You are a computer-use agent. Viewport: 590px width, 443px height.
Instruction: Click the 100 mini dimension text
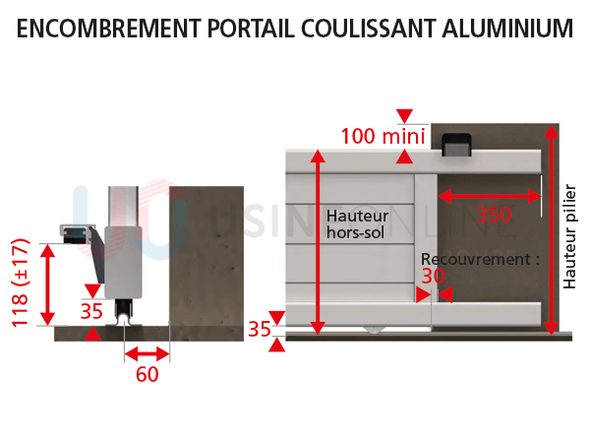click(383, 136)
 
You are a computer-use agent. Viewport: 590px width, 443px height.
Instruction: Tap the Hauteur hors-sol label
click(356, 223)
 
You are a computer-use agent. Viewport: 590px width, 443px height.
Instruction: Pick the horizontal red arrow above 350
click(490, 196)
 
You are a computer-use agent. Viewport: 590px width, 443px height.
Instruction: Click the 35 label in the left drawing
click(91, 312)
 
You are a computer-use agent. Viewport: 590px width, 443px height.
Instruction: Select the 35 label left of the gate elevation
click(259, 329)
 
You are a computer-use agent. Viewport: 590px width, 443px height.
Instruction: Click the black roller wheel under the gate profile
click(124, 312)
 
